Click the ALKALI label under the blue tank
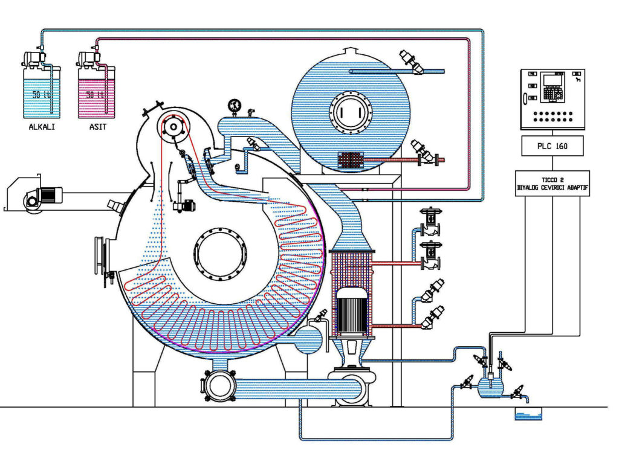(x=42, y=127)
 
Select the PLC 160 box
(x=553, y=146)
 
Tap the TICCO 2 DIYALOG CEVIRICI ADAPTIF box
(x=553, y=184)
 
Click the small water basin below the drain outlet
(x=528, y=414)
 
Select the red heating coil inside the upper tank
(x=351, y=160)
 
